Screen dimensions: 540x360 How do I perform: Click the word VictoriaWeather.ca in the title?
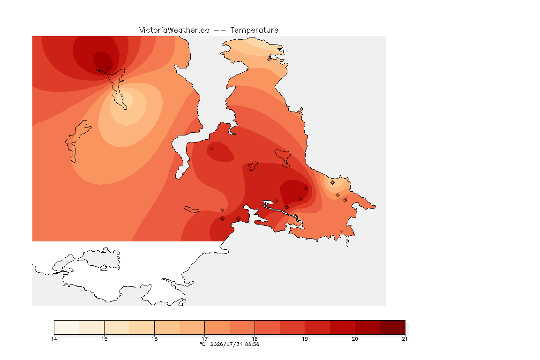tap(174, 30)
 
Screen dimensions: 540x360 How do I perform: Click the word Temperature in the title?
tap(254, 30)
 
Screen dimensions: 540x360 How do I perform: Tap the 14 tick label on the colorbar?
tap(54, 339)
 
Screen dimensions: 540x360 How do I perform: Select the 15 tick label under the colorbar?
tap(105, 339)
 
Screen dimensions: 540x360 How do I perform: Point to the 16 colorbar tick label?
tap(154, 339)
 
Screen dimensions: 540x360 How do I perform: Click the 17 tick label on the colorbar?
tap(204, 339)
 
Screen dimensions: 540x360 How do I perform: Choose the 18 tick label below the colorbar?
tap(255, 339)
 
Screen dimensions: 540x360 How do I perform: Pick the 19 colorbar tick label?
tap(305, 339)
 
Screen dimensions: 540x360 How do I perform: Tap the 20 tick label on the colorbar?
tap(355, 339)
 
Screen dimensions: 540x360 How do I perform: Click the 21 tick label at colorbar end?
tap(405, 339)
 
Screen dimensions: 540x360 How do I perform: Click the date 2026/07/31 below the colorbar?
tap(226, 344)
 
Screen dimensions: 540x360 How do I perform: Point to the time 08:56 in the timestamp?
tap(252, 344)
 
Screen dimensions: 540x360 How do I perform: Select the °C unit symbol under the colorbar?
tap(203, 344)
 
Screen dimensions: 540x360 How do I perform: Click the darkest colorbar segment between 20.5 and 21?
tap(393, 327)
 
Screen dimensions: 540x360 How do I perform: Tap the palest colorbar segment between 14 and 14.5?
tap(67, 327)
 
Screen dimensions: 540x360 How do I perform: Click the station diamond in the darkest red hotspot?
tap(108, 69)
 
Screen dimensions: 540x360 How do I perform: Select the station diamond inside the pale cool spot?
tap(122, 94)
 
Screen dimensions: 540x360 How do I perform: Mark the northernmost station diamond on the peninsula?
tap(270, 59)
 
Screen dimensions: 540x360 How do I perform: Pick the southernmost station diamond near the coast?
tap(341, 231)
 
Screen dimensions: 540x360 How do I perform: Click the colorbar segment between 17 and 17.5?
tap(217, 327)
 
